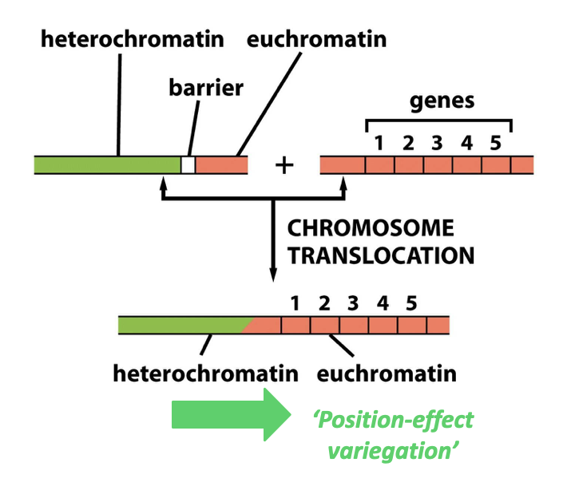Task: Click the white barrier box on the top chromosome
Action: pyautogui.click(x=188, y=165)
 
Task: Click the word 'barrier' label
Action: pyautogui.click(x=205, y=87)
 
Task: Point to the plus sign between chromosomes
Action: pyautogui.click(x=284, y=165)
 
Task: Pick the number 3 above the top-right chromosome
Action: pyautogui.click(x=437, y=144)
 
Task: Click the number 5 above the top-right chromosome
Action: pyautogui.click(x=496, y=144)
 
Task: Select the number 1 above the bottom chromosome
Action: pyautogui.click(x=295, y=303)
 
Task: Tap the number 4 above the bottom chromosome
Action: pyautogui.click(x=382, y=303)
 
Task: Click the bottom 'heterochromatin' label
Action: pyautogui.click(x=206, y=373)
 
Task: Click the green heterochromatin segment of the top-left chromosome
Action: pyautogui.click(x=108, y=165)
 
